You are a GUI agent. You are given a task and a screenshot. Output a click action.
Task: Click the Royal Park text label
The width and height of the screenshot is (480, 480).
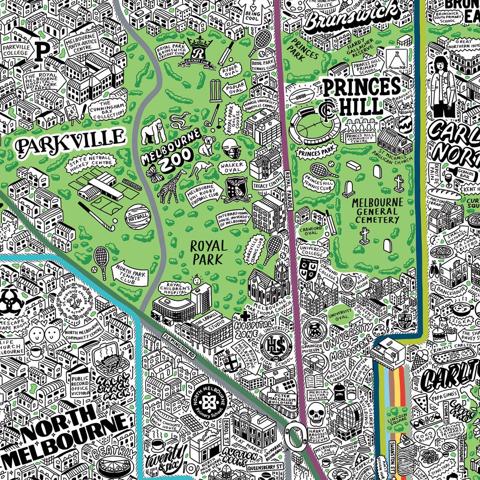(208, 252)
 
